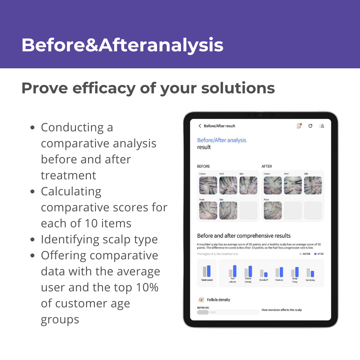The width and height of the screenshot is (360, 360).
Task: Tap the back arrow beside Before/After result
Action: point(200,126)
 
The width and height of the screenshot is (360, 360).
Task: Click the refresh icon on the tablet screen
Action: point(310,126)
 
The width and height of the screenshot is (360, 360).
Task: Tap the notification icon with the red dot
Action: point(299,126)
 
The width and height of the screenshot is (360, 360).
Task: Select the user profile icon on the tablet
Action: point(321,126)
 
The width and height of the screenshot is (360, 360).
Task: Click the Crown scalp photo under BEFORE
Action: point(208,185)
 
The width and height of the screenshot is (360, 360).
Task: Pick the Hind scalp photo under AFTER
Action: point(293,185)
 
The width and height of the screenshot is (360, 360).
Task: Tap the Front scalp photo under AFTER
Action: point(273,210)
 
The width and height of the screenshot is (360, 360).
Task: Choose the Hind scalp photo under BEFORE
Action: point(228,185)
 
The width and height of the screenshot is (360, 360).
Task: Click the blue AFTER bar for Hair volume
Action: point(235,271)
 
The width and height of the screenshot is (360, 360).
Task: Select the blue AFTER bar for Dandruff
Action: point(266,275)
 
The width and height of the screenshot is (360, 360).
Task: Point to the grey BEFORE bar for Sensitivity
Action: point(308,273)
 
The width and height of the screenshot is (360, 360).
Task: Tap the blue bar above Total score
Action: point(209,271)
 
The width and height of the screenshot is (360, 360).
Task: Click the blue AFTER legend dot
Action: point(315,254)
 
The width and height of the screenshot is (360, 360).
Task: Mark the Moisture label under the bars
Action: point(279,280)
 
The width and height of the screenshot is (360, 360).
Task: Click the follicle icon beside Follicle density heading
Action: point(201,300)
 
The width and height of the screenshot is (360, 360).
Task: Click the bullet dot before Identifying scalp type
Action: point(32,239)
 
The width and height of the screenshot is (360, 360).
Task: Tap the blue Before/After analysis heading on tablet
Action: point(222,140)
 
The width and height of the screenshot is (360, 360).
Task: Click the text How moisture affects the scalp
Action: point(282,310)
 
